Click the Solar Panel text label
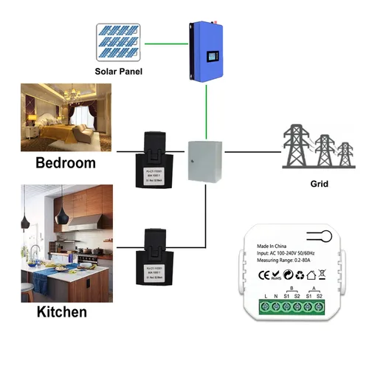tap(118, 72)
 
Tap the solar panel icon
tap(118, 42)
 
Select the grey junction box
tap(204, 160)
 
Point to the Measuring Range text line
tap(285, 261)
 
